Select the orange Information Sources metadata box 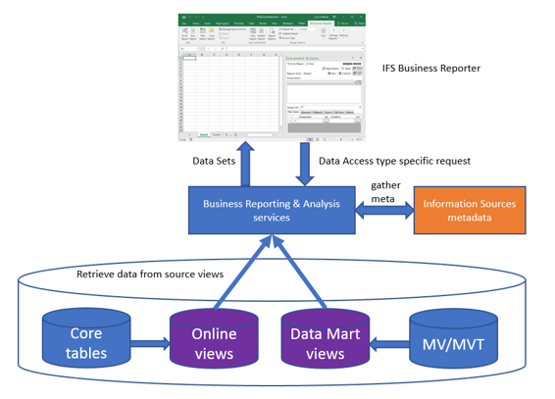pyautogui.click(x=470, y=210)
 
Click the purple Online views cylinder pyautogui.click(x=214, y=342)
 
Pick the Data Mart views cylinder pyautogui.click(x=325, y=342)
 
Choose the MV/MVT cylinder pyautogui.click(x=452, y=342)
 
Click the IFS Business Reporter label pyautogui.click(x=431, y=69)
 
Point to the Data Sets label pyautogui.click(x=212, y=161)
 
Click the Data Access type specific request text pyautogui.click(x=394, y=161)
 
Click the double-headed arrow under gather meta pyautogui.click(x=378, y=210)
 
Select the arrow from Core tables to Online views pyautogui.click(x=149, y=344)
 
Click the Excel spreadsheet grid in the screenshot pyautogui.click(x=231, y=93)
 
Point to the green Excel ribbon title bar pyautogui.click(x=271, y=18)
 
